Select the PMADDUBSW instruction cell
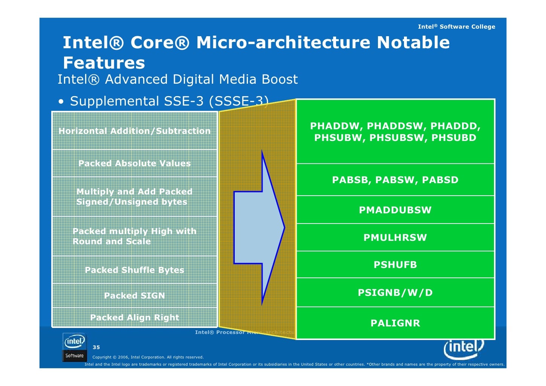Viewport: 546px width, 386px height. pos(395,210)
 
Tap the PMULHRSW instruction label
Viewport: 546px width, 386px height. pos(395,237)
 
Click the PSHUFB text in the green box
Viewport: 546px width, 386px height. pos(395,265)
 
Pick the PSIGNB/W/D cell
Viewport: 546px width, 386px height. pos(395,293)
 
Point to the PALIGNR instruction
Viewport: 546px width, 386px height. pos(395,323)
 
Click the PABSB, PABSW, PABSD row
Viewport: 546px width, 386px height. pos(395,180)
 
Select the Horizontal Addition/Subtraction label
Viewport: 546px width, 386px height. pos(135,131)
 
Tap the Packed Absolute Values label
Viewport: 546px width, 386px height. pos(135,163)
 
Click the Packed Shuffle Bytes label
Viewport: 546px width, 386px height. pos(135,270)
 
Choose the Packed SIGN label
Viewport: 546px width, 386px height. pos(135,296)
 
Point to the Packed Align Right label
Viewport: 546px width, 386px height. pos(135,317)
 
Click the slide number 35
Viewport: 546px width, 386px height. pos(96,347)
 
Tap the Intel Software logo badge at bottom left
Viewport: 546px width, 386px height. pos(74,347)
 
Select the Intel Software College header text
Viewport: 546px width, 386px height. pos(456,27)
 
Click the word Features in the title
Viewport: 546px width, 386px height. pos(104,63)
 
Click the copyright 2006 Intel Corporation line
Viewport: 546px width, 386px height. pos(148,357)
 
